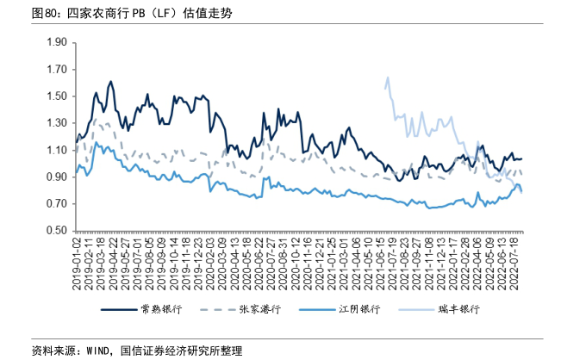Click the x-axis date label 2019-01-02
pos(77,264)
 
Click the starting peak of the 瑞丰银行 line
pos(388,78)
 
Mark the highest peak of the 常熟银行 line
pos(110,82)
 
